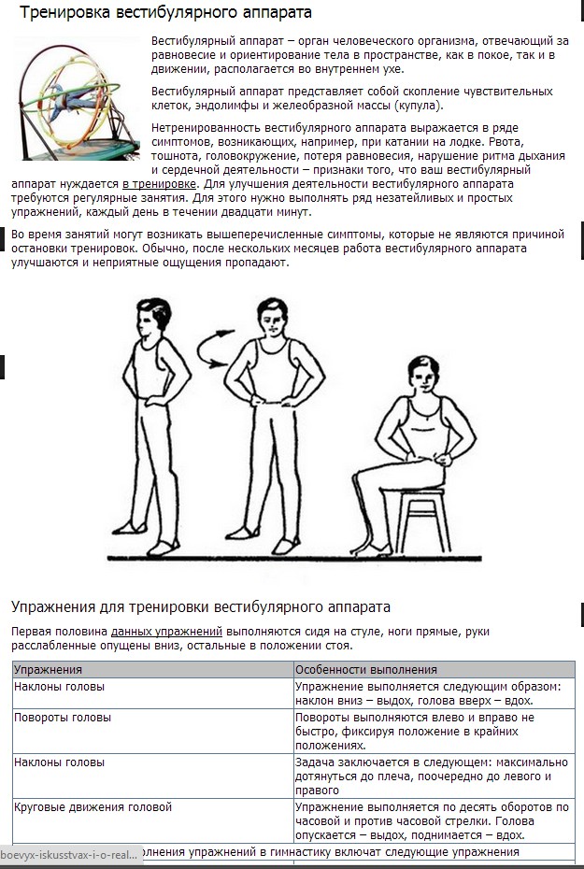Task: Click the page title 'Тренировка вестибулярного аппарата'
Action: point(165,12)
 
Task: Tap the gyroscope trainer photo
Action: point(77,99)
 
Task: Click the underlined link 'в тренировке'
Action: point(159,184)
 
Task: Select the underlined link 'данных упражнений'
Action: point(166,632)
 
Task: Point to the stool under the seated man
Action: point(422,519)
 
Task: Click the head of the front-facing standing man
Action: point(272,317)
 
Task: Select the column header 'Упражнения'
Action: point(49,669)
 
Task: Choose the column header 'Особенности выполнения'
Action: point(366,669)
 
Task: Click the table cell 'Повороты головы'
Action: point(63,717)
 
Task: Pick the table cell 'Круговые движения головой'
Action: point(93,807)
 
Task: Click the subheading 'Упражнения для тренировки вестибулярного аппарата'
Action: point(201,606)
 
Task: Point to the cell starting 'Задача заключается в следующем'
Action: point(432,776)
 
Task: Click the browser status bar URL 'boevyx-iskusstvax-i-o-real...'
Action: point(69,855)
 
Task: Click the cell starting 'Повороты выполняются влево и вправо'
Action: point(415,731)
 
